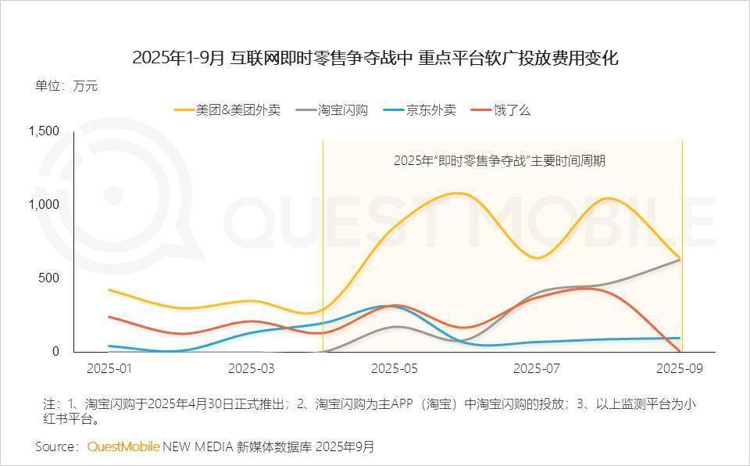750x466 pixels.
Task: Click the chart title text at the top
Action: pyautogui.click(x=375, y=57)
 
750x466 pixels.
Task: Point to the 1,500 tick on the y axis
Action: pyautogui.click(x=44, y=131)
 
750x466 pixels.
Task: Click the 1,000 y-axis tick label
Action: pyautogui.click(x=44, y=205)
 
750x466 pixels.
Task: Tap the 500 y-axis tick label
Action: pyautogui.click(x=49, y=278)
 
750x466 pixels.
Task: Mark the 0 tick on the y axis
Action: pyautogui.click(x=55, y=352)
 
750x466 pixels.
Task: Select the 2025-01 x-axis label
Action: pyautogui.click(x=109, y=368)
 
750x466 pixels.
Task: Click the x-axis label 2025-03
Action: pyautogui.click(x=252, y=368)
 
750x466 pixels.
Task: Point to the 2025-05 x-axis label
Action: pyautogui.click(x=395, y=368)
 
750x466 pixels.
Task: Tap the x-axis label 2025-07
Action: pyautogui.click(x=537, y=368)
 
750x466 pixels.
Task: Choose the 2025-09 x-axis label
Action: pyautogui.click(x=680, y=368)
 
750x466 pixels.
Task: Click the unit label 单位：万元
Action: pyautogui.click(x=66, y=86)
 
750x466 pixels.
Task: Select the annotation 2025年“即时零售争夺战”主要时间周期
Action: pyautogui.click(x=499, y=161)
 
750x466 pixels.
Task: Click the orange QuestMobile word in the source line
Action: pyautogui.click(x=123, y=446)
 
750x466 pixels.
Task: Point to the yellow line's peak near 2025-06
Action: pyautogui.click(x=458, y=192)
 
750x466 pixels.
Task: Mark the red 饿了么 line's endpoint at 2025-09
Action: pyautogui.click(x=680, y=352)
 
